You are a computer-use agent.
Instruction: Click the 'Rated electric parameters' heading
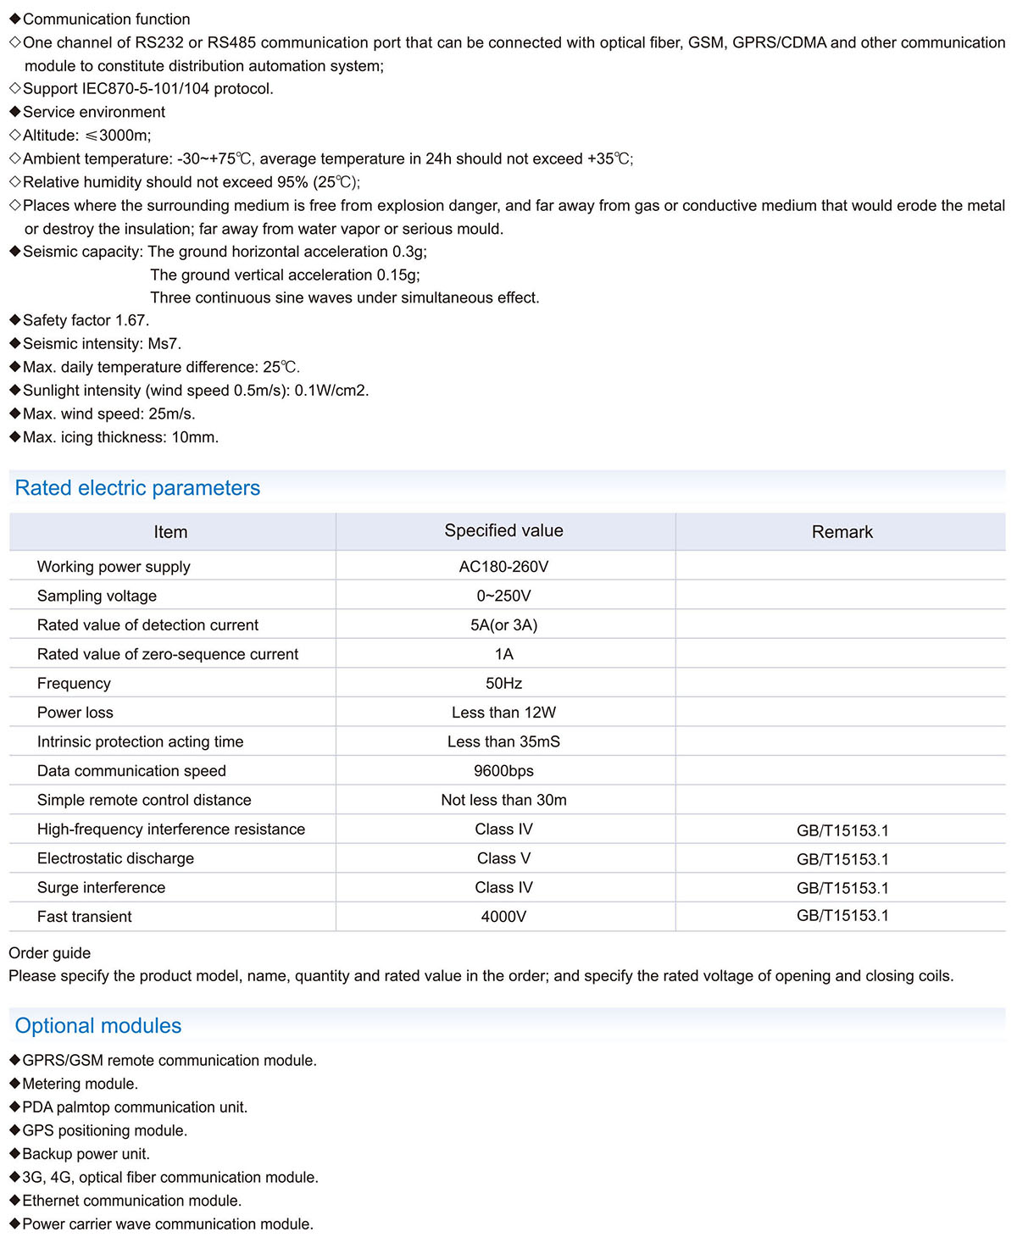click(x=137, y=488)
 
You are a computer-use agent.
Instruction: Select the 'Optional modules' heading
click(x=98, y=1025)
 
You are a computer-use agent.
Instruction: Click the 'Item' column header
click(x=170, y=532)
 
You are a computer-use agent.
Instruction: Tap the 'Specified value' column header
click(x=503, y=530)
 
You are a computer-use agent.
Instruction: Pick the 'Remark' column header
click(x=842, y=532)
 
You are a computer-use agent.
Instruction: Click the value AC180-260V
click(x=503, y=567)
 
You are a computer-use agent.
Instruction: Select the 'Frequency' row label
click(x=74, y=684)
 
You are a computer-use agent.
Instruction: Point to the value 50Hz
click(x=503, y=684)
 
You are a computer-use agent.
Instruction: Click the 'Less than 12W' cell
click(x=503, y=713)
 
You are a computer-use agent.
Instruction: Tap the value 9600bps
click(x=503, y=771)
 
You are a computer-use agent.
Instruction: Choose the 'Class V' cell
click(x=503, y=858)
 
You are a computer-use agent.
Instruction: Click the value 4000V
click(x=503, y=917)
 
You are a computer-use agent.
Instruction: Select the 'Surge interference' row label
click(x=101, y=888)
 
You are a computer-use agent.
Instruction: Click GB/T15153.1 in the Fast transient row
click(x=842, y=915)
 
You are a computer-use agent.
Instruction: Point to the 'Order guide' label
click(x=49, y=953)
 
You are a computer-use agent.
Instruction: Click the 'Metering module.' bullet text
click(x=80, y=1084)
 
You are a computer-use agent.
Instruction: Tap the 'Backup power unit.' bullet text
click(x=86, y=1154)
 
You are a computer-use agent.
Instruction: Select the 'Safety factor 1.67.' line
click(x=86, y=320)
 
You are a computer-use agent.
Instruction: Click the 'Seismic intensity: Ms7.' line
click(x=102, y=344)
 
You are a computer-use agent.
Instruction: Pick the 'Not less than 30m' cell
click(x=503, y=800)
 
